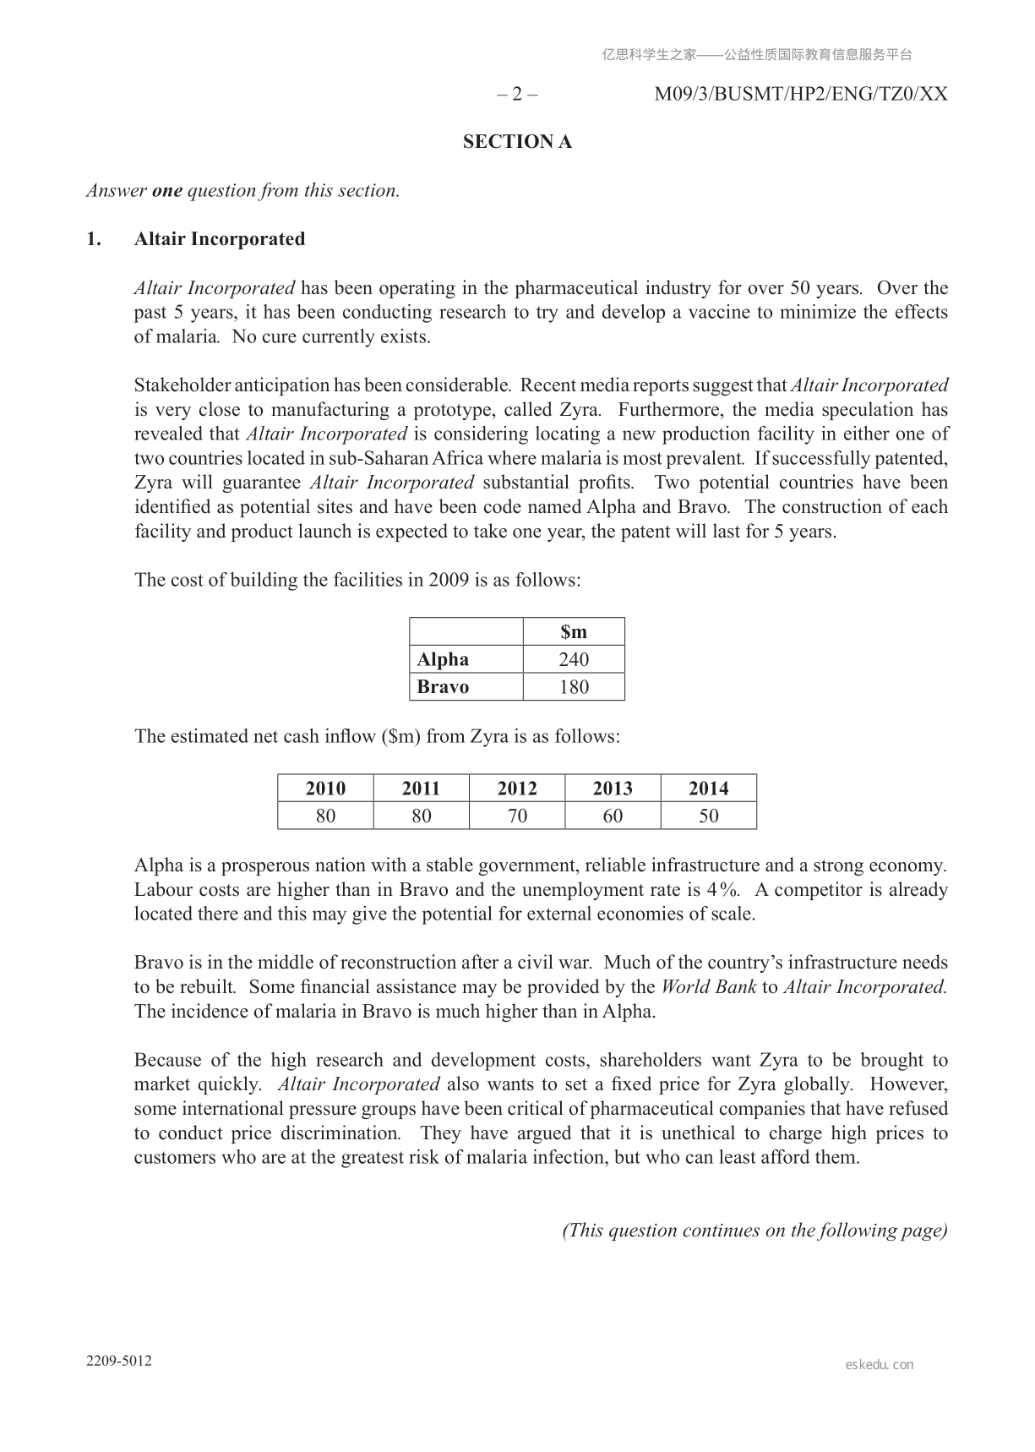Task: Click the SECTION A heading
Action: pos(517,142)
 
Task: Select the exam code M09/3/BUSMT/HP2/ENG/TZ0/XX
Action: pos(801,94)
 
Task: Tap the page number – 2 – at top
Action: pos(516,94)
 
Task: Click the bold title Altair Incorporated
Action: pos(220,239)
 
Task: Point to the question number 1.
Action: pos(94,239)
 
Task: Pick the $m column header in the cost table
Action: pos(574,632)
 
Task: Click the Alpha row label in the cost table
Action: pos(443,659)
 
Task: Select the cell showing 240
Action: pos(574,659)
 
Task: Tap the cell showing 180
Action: pos(574,687)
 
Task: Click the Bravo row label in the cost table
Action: pos(443,687)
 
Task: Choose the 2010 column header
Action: pos(325,789)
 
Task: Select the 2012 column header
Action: pos(517,789)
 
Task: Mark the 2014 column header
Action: pos(709,789)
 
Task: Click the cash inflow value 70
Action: pos(517,816)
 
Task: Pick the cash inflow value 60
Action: pos(613,816)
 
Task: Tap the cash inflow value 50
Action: pos(709,816)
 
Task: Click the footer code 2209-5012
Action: pos(119,1361)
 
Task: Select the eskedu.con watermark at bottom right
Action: pos(879,1364)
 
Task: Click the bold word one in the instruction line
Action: pos(167,191)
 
